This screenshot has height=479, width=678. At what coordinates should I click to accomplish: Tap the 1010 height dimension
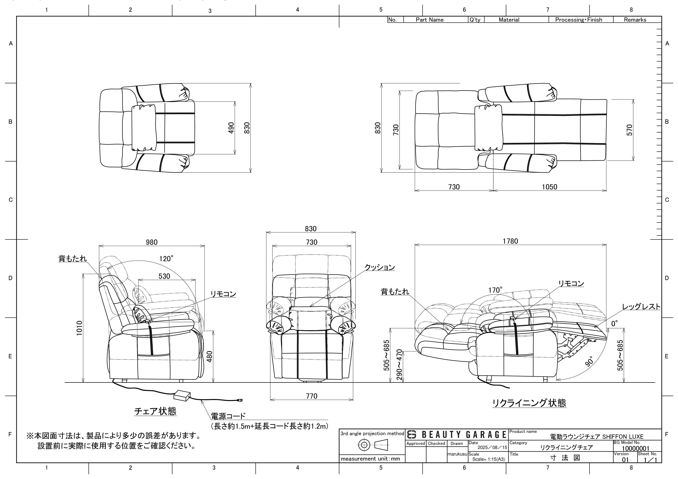click(79, 328)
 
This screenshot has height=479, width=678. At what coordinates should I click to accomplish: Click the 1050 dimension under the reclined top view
click(550, 187)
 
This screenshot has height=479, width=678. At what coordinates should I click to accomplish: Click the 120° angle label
click(166, 259)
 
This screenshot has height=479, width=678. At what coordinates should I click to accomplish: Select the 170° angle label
click(495, 290)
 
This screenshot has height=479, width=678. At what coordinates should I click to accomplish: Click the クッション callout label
click(380, 267)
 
